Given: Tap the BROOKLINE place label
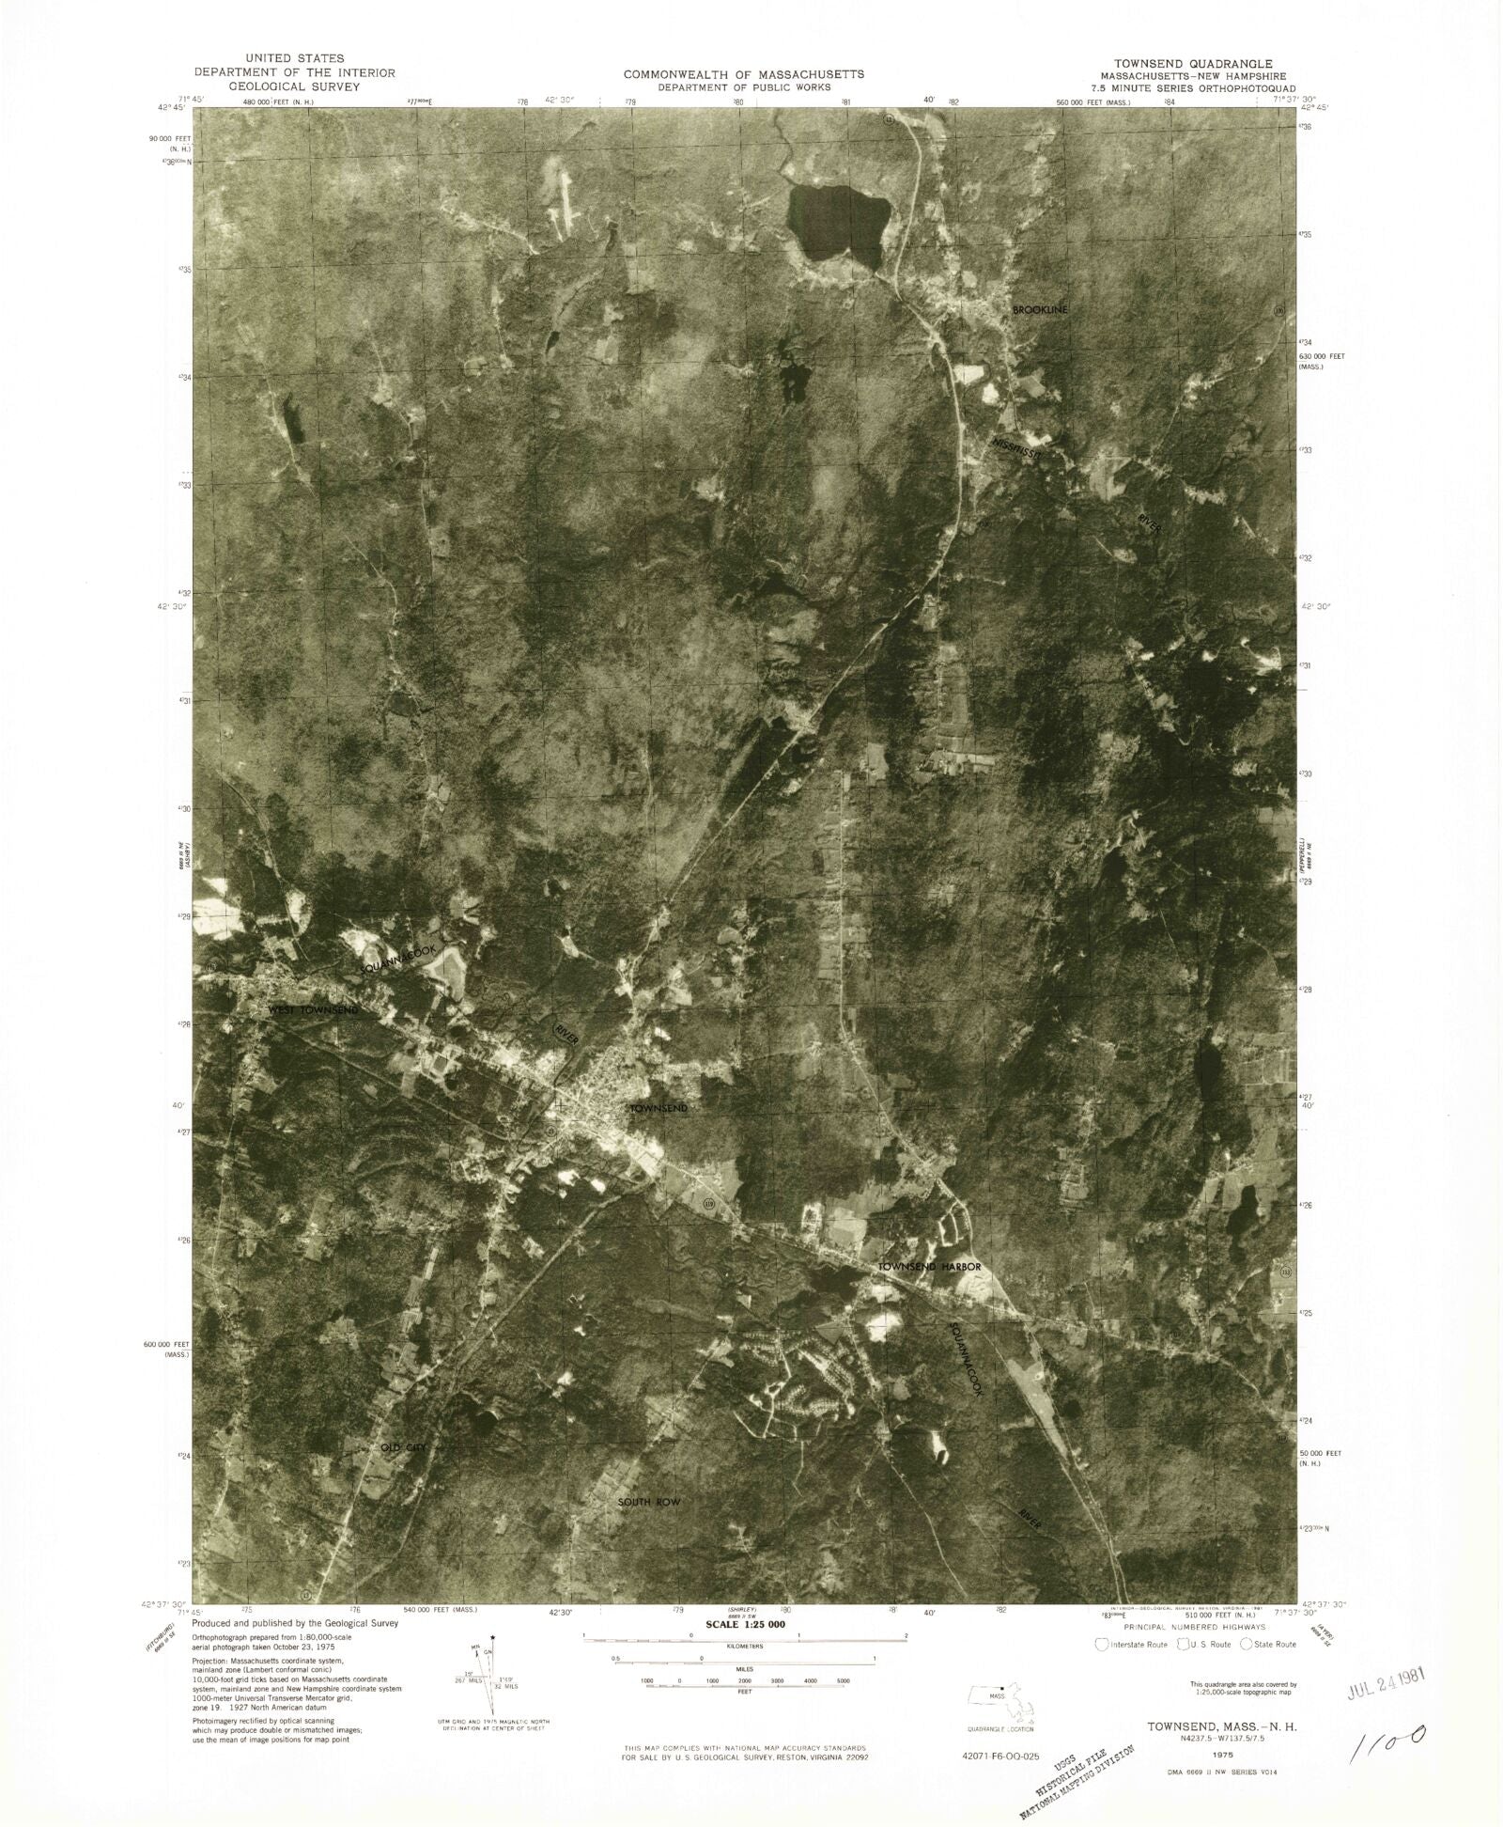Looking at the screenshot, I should point(1040,309).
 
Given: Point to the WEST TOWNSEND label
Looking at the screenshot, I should point(313,1009).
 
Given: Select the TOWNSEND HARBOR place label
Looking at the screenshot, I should point(929,1267).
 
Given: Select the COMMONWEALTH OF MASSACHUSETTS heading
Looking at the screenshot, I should point(744,73).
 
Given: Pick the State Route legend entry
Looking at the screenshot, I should point(1268,1645).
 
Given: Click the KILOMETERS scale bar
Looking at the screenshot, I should point(744,1639).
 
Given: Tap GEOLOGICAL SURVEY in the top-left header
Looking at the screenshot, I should point(294,86).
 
